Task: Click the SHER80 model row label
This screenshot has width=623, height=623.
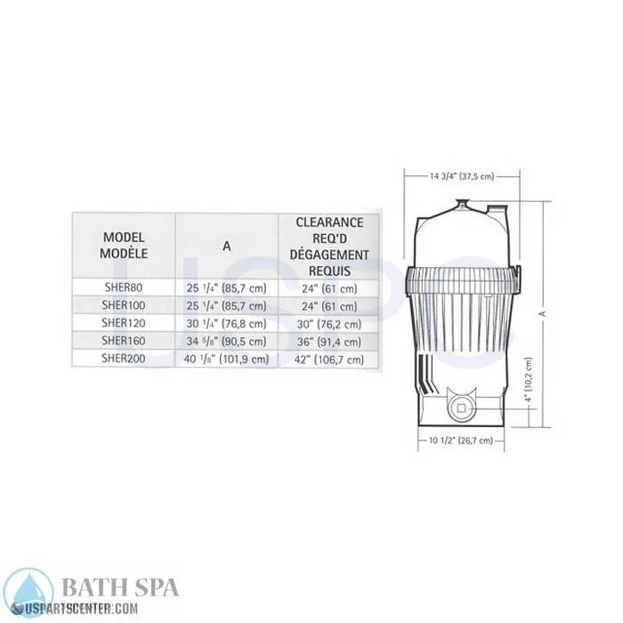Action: tap(124, 287)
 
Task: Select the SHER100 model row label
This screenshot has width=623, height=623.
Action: tap(124, 305)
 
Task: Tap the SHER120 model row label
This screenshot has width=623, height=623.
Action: tap(124, 323)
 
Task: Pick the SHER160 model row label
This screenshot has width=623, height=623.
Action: tap(124, 341)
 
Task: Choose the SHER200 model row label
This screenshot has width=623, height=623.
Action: tap(124, 359)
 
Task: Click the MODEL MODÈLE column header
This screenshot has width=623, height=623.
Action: tap(125, 245)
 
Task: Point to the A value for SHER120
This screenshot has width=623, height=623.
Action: tap(226, 323)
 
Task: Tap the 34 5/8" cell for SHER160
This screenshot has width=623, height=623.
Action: tap(226, 341)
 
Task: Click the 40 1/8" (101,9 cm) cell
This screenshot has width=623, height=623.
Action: tap(226, 359)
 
